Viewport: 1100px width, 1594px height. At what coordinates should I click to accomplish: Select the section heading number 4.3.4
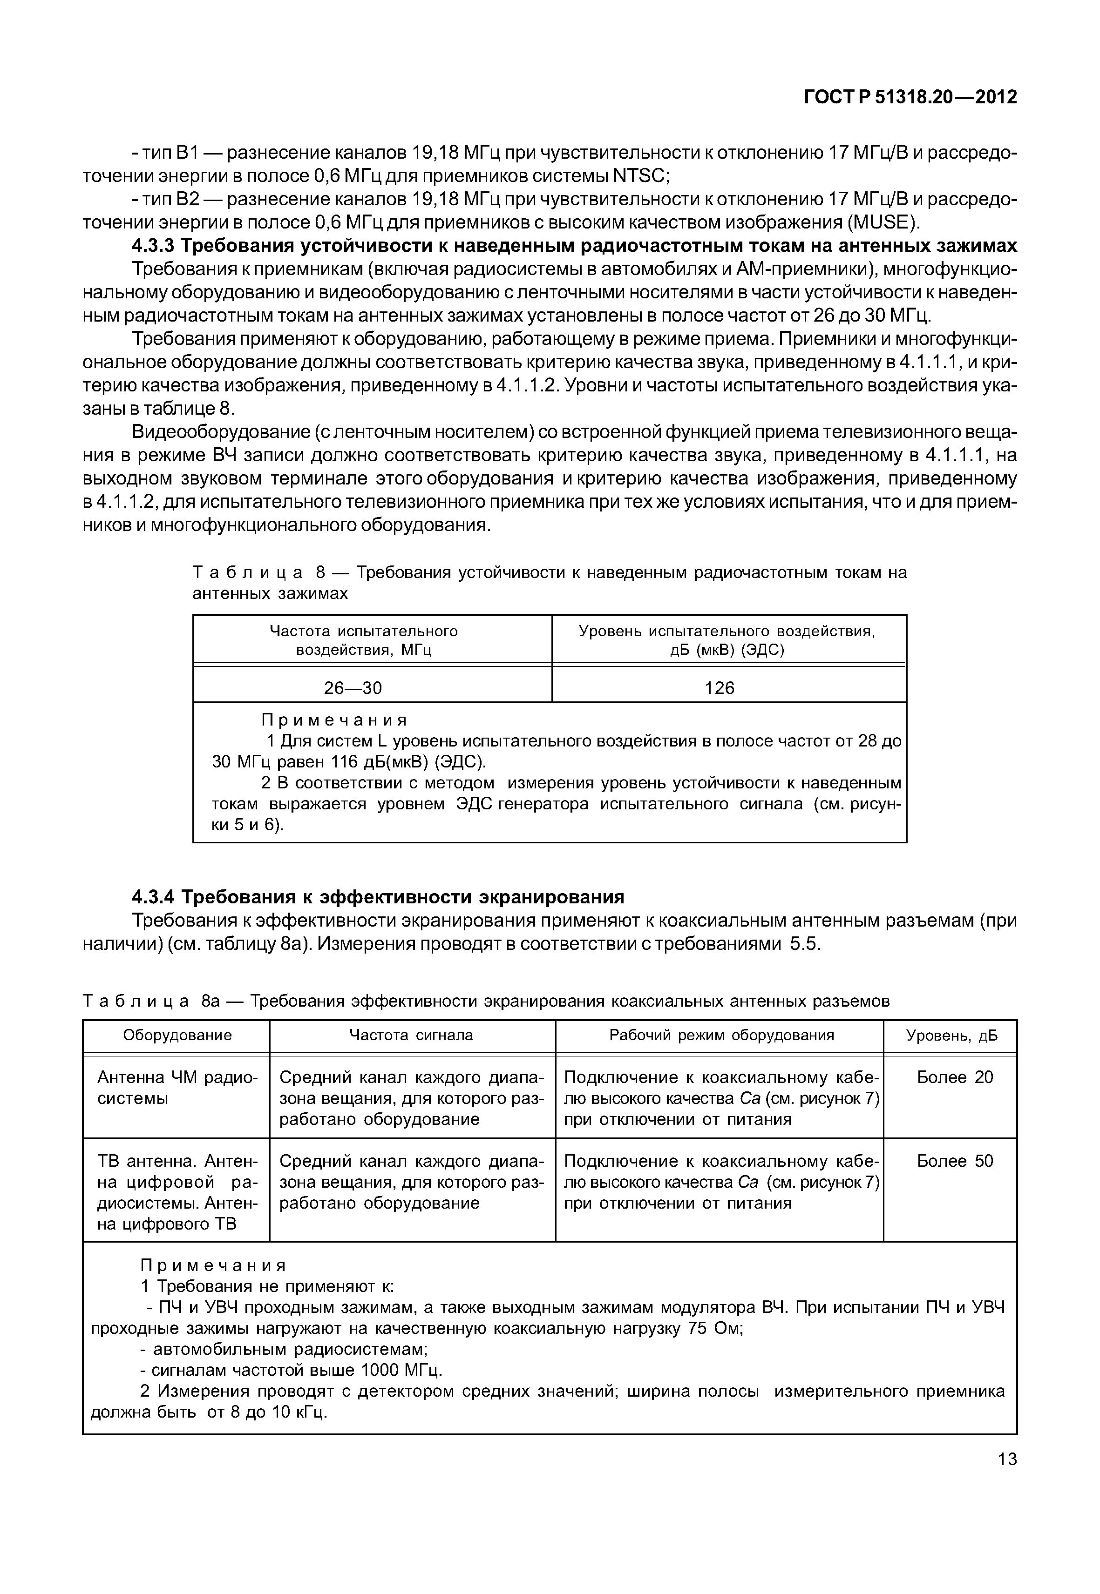click(155, 897)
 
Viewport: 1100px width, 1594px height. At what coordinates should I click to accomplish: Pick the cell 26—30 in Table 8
click(353, 687)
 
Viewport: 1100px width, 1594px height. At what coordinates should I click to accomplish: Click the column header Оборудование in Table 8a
click(177, 1035)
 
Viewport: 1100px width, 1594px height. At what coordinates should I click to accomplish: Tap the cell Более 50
click(955, 1161)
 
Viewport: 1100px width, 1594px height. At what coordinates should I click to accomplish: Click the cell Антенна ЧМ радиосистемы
click(177, 1087)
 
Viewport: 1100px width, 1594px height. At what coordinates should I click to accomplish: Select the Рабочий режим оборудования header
click(721, 1035)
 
